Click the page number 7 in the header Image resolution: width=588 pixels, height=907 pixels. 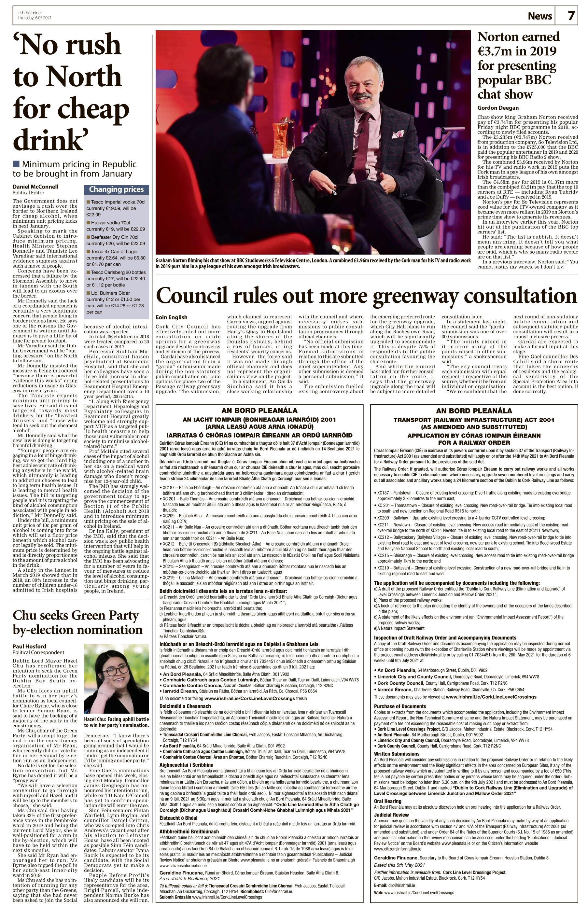pos(571,16)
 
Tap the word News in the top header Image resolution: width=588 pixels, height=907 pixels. pos(539,16)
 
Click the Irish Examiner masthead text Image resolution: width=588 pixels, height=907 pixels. pos(30,13)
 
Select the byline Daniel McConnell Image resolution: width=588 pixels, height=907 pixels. pos(35,187)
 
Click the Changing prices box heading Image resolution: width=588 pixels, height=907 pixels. pos(116,189)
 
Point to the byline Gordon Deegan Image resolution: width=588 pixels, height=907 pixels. pos(498,108)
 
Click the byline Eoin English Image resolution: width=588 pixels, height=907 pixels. pos(172,317)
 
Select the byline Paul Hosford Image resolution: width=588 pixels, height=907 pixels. pos(29,646)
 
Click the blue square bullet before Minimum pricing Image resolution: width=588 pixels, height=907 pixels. pos(16,164)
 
